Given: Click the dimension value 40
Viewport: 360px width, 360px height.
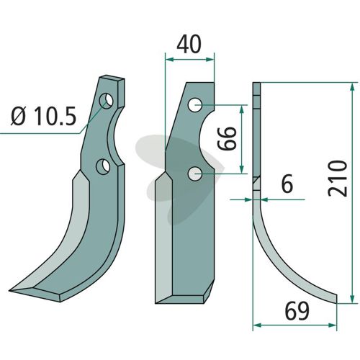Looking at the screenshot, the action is click(189, 45).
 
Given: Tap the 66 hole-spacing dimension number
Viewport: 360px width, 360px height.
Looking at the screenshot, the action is click(227, 138).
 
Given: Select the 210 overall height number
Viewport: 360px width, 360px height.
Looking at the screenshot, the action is click(338, 179).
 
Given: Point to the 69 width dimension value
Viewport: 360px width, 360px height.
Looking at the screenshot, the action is click(297, 311).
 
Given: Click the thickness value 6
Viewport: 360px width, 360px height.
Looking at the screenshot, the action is click(287, 184).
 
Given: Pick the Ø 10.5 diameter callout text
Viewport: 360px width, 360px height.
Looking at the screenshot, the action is click(43, 116).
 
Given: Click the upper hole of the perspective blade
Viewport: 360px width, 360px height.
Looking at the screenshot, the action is click(106, 101).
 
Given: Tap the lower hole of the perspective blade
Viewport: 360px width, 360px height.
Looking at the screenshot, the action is click(103, 166).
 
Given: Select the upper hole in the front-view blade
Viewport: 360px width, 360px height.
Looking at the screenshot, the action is click(195, 105).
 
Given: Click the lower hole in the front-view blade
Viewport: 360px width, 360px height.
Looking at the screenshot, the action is click(195, 174).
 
